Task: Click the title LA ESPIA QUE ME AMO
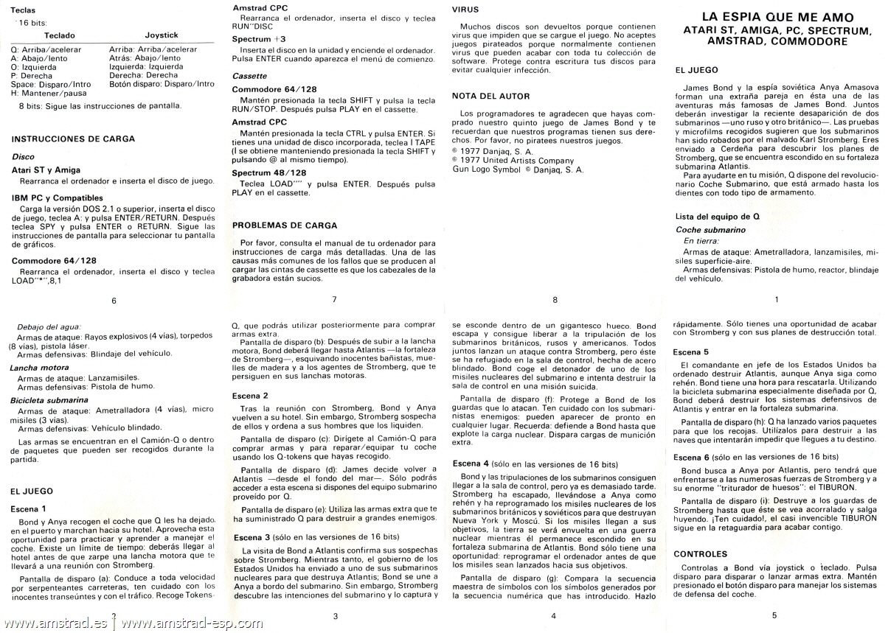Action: point(777,18)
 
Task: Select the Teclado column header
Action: point(59,35)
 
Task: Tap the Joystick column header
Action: point(162,35)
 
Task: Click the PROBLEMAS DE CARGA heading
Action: point(285,225)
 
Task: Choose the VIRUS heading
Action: point(465,10)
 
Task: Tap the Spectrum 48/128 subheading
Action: point(268,172)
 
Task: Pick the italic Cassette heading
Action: point(249,76)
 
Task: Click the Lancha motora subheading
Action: point(39,367)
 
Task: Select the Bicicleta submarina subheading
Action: point(49,400)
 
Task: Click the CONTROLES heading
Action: point(701,553)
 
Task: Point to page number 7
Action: point(334,300)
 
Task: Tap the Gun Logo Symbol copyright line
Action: point(517,169)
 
